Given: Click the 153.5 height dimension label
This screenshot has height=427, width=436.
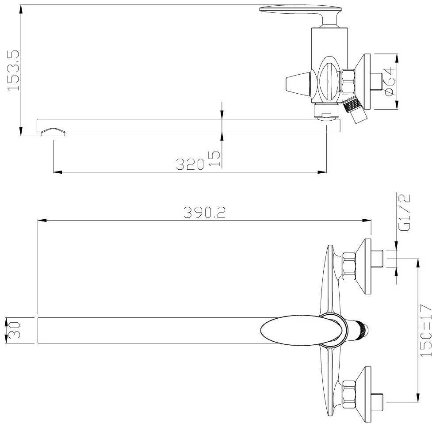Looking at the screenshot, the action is [13, 70].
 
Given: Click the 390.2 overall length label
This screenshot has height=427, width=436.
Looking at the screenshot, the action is [204, 212].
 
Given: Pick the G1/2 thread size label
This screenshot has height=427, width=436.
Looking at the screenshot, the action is [404, 212].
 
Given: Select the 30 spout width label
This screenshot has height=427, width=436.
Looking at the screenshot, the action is [13, 330].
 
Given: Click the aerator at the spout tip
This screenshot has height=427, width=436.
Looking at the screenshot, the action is [54, 132].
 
